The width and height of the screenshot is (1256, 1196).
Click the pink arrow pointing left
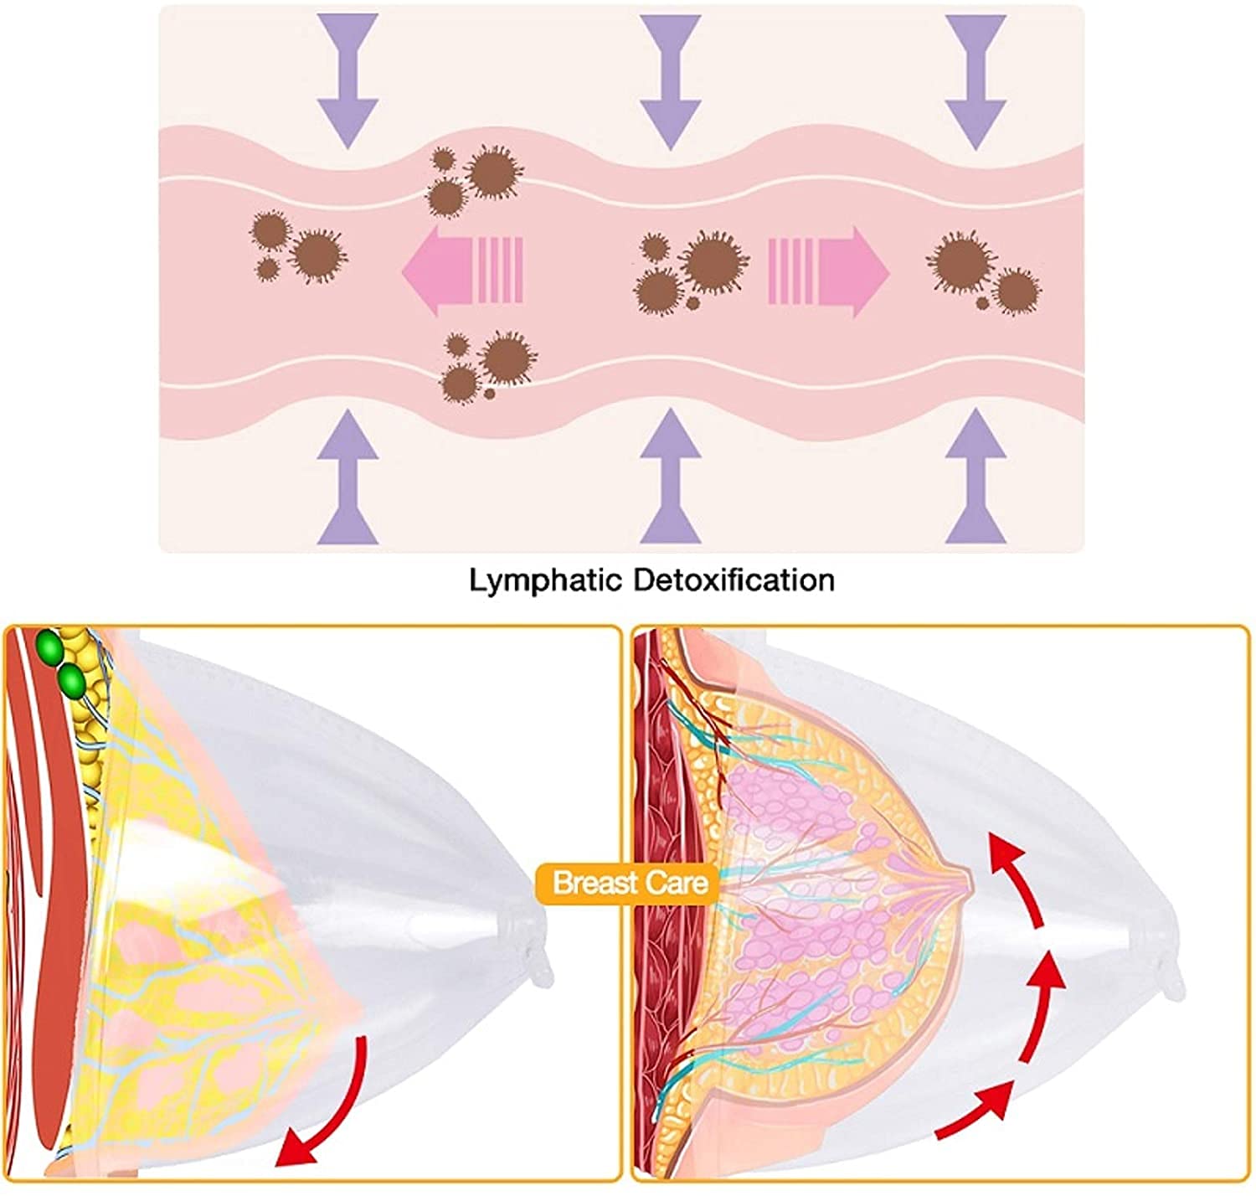tap(462, 271)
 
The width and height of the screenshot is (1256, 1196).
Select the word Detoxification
tap(734, 580)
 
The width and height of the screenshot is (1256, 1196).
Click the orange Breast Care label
tap(630, 884)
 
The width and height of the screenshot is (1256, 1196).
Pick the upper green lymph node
tap(49, 649)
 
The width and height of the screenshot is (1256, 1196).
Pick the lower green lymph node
tap(71, 682)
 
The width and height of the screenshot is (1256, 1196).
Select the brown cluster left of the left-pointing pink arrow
tap(298, 247)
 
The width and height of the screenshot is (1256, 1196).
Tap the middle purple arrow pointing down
tap(670, 82)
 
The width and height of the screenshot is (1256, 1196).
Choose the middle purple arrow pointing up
tap(670, 477)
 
